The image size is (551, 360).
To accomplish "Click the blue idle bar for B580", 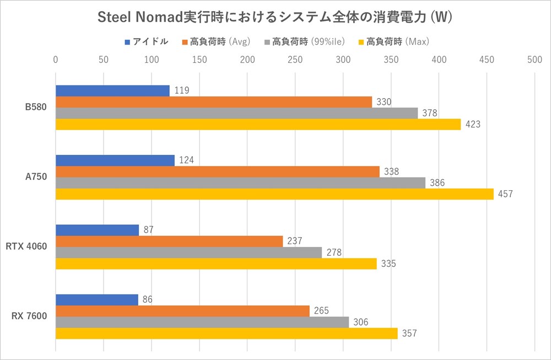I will pyautogui.click(x=112, y=91).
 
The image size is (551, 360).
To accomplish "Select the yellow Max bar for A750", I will pyautogui.click(x=274, y=194).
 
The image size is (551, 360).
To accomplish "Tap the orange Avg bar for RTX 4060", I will pyautogui.click(x=169, y=241).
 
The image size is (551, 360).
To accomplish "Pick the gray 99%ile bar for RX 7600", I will pyautogui.click(x=202, y=322).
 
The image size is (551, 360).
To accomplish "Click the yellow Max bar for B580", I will pyautogui.click(x=258, y=125).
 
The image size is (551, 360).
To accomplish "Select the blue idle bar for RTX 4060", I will pyautogui.click(x=97, y=230).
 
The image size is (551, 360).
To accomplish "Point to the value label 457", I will pyautogui.click(x=505, y=194).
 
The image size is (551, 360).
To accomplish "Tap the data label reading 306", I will pyautogui.click(x=360, y=322).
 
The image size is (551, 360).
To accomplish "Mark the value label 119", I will pyautogui.click(x=181, y=91).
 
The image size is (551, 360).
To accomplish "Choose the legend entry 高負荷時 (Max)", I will pyautogui.click(x=397, y=41).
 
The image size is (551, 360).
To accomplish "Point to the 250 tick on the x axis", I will pyautogui.click(x=295, y=59).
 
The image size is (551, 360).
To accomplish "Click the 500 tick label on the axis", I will pyautogui.click(x=534, y=59).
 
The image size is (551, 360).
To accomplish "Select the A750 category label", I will pyautogui.click(x=36, y=177).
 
